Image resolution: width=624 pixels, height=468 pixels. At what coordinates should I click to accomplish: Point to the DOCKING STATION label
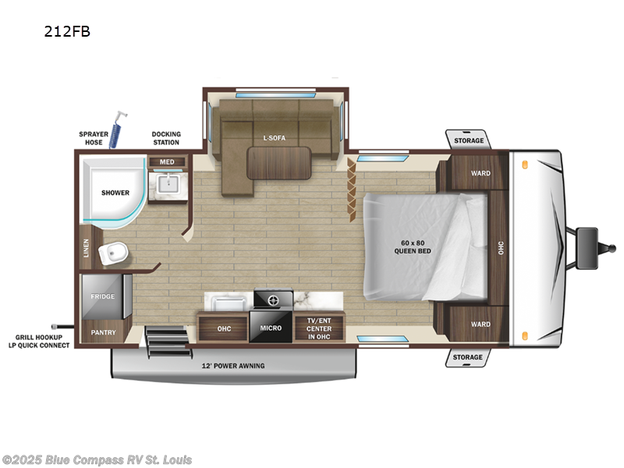tap(166, 138)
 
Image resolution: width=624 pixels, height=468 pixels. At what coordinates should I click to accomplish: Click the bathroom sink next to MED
tap(169, 185)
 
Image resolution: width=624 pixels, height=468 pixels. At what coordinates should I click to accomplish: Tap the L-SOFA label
tap(275, 138)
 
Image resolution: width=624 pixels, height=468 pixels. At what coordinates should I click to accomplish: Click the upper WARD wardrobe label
tap(480, 173)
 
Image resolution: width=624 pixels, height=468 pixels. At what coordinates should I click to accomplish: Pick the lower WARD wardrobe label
tap(480, 324)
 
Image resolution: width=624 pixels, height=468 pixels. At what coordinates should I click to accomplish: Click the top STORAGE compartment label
tap(469, 141)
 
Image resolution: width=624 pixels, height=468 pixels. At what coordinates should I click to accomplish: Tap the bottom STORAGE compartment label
tap(469, 357)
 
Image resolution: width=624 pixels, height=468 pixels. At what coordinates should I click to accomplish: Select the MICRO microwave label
tap(271, 328)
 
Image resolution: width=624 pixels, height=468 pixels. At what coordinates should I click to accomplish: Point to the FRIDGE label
tap(102, 296)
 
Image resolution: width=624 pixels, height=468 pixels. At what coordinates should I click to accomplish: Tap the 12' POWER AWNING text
tap(233, 365)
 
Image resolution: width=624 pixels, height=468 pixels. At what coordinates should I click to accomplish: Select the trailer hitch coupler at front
tap(587, 237)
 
